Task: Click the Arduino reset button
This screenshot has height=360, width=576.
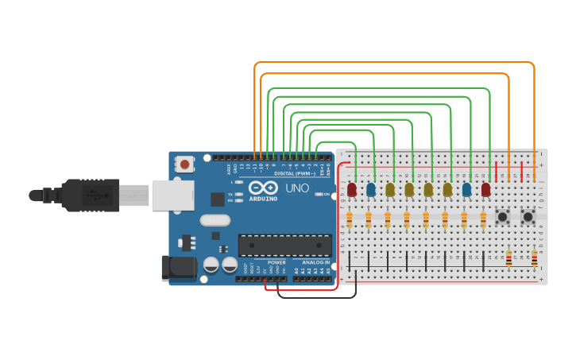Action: point(185,165)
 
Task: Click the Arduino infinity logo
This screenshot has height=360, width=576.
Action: point(263,188)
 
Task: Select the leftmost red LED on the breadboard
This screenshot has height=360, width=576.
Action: point(352,189)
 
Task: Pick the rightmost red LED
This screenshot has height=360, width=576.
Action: point(485,189)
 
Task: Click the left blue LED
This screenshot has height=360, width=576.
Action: point(371,189)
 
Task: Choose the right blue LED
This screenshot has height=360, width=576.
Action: point(466,189)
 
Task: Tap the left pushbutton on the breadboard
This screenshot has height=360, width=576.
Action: point(502,216)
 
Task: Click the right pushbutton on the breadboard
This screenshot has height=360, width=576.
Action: point(528,216)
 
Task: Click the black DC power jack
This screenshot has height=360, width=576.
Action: point(178,269)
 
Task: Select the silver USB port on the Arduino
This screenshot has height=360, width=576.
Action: point(169,195)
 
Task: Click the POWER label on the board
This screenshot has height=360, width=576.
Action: point(276,262)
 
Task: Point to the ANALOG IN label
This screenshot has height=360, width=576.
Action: point(315,262)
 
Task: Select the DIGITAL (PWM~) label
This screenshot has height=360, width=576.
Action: point(294,172)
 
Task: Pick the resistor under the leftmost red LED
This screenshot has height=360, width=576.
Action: point(350,219)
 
